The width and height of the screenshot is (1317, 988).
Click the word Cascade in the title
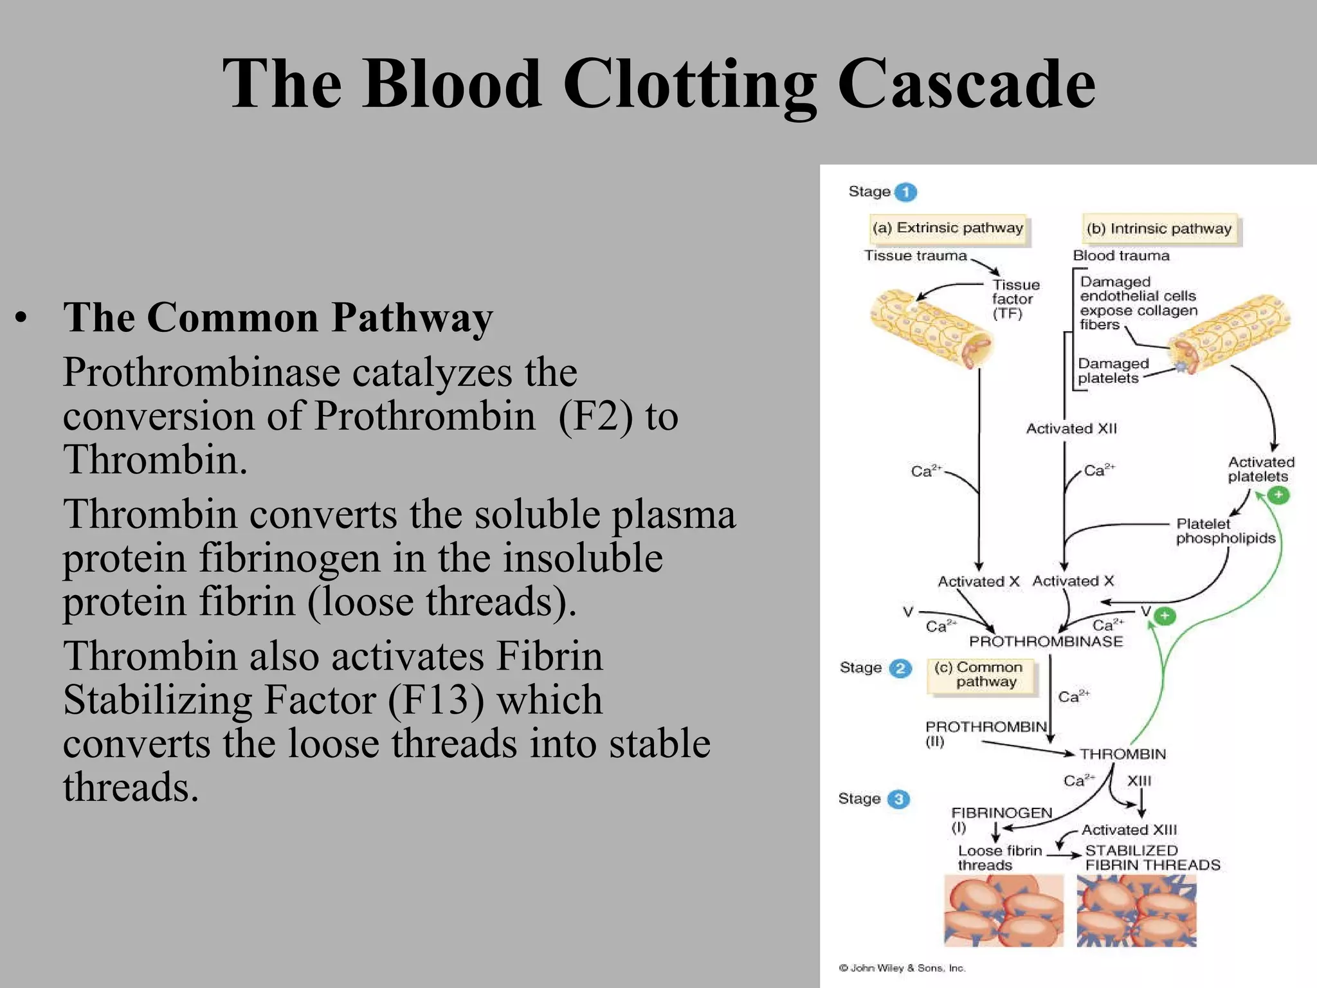click(966, 84)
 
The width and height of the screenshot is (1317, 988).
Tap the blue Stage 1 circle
click(905, 192)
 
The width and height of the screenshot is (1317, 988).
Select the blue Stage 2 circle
click(900, 668)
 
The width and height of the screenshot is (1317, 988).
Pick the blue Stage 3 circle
click(898, 799)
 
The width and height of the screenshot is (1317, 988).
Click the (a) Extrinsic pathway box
click(947, 228)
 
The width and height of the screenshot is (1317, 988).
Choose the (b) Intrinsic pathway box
click(1159, 229)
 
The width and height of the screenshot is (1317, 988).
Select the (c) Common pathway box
click(982, 675)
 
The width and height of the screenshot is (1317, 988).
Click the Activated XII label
click(1071, 428)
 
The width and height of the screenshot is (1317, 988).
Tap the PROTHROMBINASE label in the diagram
click(1046, 641)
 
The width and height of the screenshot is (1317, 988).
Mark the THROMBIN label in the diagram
click(1122, 754)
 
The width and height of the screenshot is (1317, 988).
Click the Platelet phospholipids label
click(1224, 531)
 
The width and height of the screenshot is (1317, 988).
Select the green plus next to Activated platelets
click(1278, 495)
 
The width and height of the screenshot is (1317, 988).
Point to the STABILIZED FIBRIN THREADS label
click(1152, 857)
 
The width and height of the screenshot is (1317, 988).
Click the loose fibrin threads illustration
click(1003, 911)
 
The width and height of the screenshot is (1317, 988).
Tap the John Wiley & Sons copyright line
click(902, 968)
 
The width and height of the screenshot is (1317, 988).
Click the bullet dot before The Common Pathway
click(22, 318)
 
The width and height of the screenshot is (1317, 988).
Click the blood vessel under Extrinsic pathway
click(932, 329)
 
